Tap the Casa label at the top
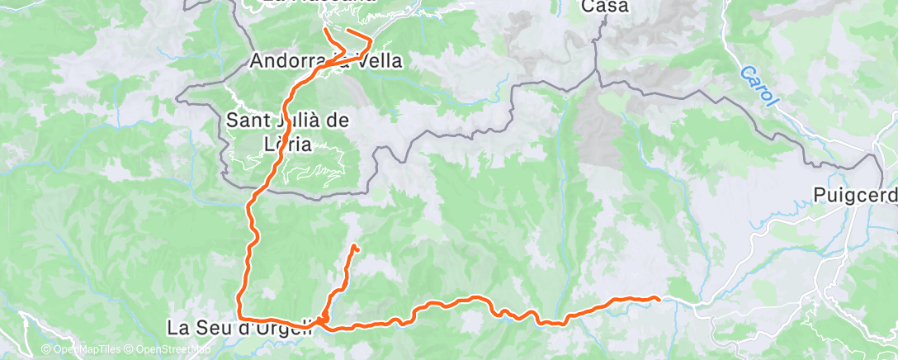(605, 7)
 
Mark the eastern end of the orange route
(658, 298)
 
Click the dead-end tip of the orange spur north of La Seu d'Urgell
(354, 246)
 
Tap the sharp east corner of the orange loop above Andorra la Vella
(371, 39)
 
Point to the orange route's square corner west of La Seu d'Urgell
(239, 316)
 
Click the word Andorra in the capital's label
(285, 61)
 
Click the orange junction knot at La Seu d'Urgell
(323, 319)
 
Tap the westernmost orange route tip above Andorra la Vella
(326, 30)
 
